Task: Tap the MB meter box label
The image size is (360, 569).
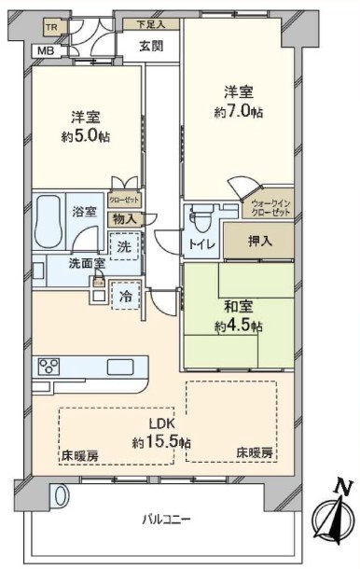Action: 47,50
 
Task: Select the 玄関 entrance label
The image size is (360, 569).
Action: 151,46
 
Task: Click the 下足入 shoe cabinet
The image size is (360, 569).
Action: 151,24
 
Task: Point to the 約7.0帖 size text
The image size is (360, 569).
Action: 239,112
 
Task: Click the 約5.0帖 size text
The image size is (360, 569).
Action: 86,136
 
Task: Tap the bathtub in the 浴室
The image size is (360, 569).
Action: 48,221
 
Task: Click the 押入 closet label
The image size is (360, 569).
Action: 260,242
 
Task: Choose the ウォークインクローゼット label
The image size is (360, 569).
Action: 271,208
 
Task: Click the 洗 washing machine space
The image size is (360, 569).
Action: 124,246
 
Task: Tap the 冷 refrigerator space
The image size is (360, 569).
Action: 126,296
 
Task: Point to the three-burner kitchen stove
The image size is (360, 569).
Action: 49,367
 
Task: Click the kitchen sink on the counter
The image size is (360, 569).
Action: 120,368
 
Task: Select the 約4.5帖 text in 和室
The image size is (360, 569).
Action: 239,326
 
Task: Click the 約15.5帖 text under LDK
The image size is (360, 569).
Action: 162,442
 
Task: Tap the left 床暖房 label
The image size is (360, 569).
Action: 79,455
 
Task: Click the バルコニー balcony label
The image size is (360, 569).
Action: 166,520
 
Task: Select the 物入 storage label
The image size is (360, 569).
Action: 124,219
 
